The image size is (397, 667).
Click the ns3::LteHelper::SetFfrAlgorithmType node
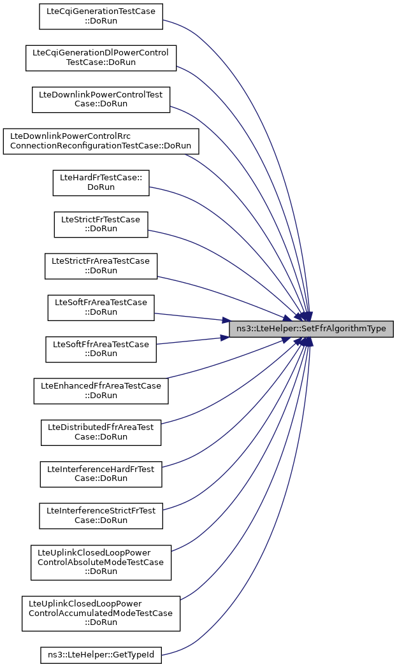pyautogui.click(x=312, y=329)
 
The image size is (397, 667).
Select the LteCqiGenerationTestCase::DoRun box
pyautogui.click(x=101, y=16)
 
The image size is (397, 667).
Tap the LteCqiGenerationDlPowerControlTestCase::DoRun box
pyautogui.click(x=101, y=57)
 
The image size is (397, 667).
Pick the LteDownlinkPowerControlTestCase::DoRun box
pyautogui.click(x=101, y=99)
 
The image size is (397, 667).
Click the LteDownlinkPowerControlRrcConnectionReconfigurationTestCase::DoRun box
pyautogui.click(x=101, y=141)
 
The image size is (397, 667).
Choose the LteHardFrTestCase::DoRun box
pyautogui.click(x=101, y=182)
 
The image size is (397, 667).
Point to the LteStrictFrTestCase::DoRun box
pyautogui.click(x=101, y=224)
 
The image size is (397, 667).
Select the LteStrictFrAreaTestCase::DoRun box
pyautogui.click(x=101, y=266)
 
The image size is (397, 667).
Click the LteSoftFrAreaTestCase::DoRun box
pyautogui.click(x=101, y=307)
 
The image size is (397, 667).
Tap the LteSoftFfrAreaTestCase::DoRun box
pyautogui.click(x=101, y=349)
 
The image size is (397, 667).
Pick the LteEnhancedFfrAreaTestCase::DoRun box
pyautogui.click(x=101, y=391)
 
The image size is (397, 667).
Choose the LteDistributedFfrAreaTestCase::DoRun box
pyautogui.click(x=101, y=432)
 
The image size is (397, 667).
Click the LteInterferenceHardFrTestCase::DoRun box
pyautogui.click(x=101, y=474)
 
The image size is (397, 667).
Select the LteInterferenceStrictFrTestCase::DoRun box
pyautogui.click(x=101, y=515)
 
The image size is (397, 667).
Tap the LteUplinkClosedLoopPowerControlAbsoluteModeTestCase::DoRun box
pyautogui.click(x=101, y=562)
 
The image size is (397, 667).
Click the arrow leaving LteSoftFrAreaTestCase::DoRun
pyautogui.click(x=191, y=316)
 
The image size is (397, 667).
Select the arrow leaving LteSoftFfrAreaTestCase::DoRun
pyautogui.click(x=191, y=341)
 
